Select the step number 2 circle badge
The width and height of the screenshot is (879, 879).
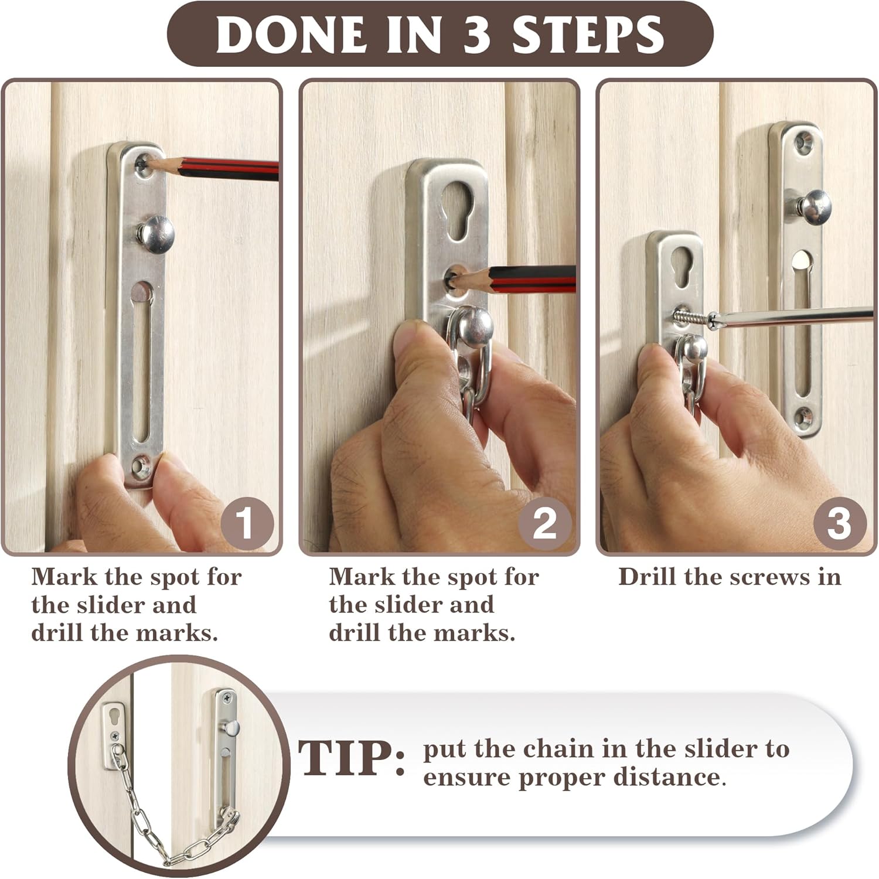tap(544, 523)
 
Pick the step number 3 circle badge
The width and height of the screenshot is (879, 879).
tap(839, 523)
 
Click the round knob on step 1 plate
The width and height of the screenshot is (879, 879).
tap(156, 233)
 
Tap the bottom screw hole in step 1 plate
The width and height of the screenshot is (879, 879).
tap(140, 466)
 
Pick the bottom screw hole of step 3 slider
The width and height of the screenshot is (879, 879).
tap(802, 417)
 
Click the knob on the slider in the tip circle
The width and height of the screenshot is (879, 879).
tap(233, 728)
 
